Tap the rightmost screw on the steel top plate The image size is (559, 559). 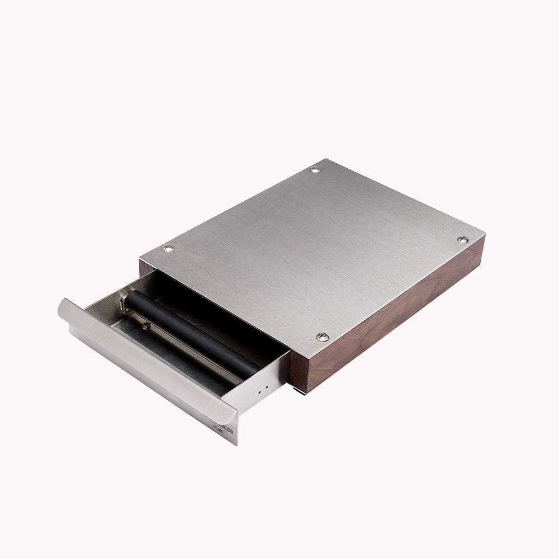tap(462, 239)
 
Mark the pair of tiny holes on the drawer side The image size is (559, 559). tap(263, 390)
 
